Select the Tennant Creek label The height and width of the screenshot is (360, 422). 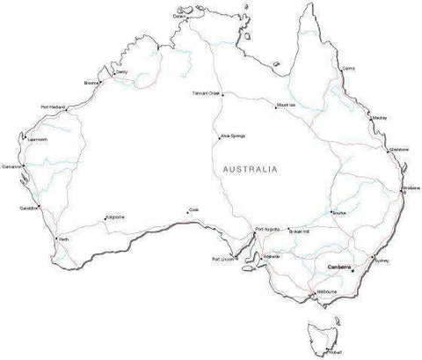204,92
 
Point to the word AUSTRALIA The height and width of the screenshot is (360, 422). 251,167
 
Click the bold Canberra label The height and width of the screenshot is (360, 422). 338,267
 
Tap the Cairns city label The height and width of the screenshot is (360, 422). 348,67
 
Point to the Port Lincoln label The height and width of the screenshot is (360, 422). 222,260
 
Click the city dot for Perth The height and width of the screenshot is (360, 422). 56,239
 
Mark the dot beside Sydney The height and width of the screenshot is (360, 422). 373,258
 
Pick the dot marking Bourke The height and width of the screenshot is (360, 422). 331,211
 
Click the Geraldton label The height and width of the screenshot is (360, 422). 28,208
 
